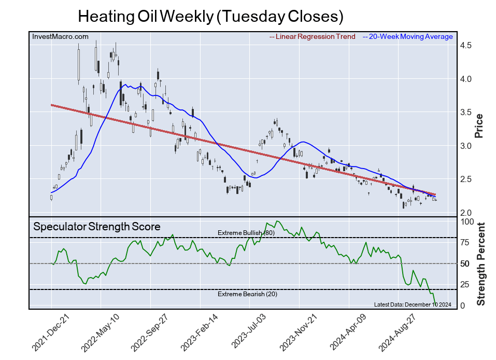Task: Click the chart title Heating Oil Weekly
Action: point(210,16)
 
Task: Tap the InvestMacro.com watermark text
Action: point(60,36)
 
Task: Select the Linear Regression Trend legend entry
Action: point(313,37)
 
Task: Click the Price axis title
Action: point(479,126)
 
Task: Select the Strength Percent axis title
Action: point(481,264)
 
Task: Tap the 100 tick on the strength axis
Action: point(467,221)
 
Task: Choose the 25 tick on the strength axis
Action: point(465,284)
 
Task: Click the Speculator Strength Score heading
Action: point(97,227)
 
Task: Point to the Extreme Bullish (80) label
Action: point(246,233)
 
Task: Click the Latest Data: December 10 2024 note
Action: point(413,304)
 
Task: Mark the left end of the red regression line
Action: point(51,105)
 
